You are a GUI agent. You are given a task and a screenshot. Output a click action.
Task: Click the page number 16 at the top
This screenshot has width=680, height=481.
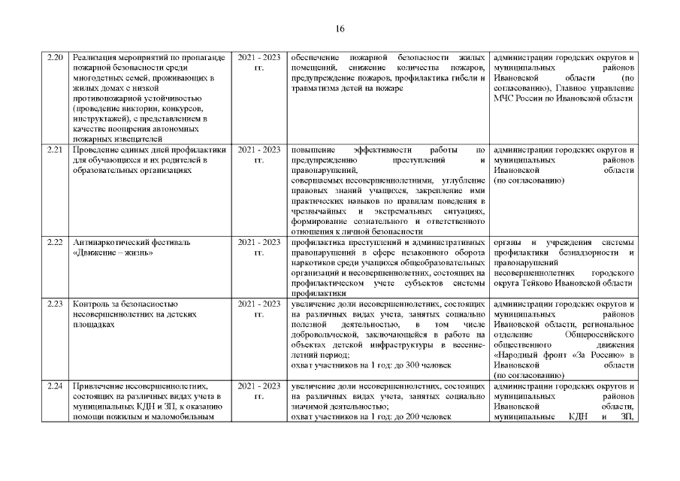pyautogui.click(x=340, y=29)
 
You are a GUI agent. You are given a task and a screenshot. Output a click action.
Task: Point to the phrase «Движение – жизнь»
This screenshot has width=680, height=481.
pyautogui.click(x=113, y=253)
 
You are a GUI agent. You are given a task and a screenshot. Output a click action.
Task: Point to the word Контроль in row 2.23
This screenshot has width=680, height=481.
pyautogui.click(x=92, y=304)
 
